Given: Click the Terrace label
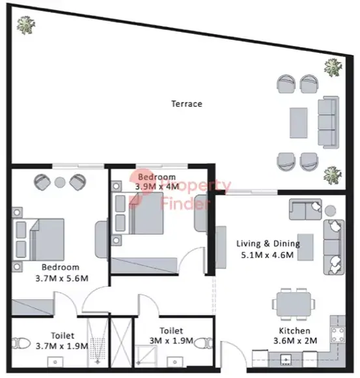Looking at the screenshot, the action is point(187,104).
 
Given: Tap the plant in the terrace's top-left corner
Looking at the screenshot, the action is point(26,25).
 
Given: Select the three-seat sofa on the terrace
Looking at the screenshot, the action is point(328,123).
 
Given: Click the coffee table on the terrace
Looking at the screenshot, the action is point(298,123).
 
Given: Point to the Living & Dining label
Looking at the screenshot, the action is point(268,244).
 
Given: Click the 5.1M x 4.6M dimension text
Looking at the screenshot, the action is point(268,255).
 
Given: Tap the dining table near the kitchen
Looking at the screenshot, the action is point(294,304).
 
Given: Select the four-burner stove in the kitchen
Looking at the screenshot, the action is point(338,334).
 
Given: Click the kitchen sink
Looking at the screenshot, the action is point(286,359).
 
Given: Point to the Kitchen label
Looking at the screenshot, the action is point(294,331).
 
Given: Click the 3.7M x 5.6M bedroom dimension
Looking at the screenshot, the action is point(62,278).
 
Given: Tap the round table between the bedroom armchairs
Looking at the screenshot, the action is point(60,182).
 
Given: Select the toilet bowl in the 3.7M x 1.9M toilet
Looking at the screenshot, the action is point(21,343).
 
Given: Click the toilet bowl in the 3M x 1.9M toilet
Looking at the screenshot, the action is point(204,343).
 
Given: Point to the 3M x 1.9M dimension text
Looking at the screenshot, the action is point(171,341).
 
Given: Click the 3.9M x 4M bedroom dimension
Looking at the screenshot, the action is point(157,186).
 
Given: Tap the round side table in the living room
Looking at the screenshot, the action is point(330,211).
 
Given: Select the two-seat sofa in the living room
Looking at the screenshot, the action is point(305,209).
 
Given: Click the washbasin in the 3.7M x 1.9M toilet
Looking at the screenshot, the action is point(55,362).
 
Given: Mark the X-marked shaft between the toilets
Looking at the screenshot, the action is point(121,343).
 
